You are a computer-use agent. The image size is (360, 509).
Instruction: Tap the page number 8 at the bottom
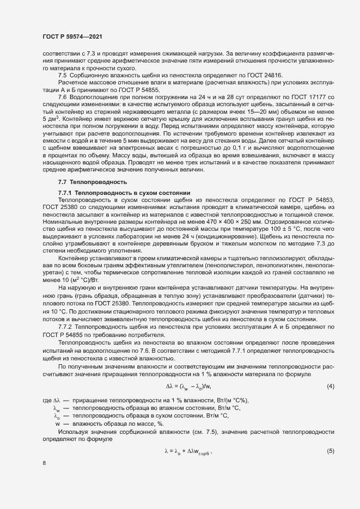coord(44,463)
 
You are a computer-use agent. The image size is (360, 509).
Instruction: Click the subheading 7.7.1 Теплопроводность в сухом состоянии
coord(124,193)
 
